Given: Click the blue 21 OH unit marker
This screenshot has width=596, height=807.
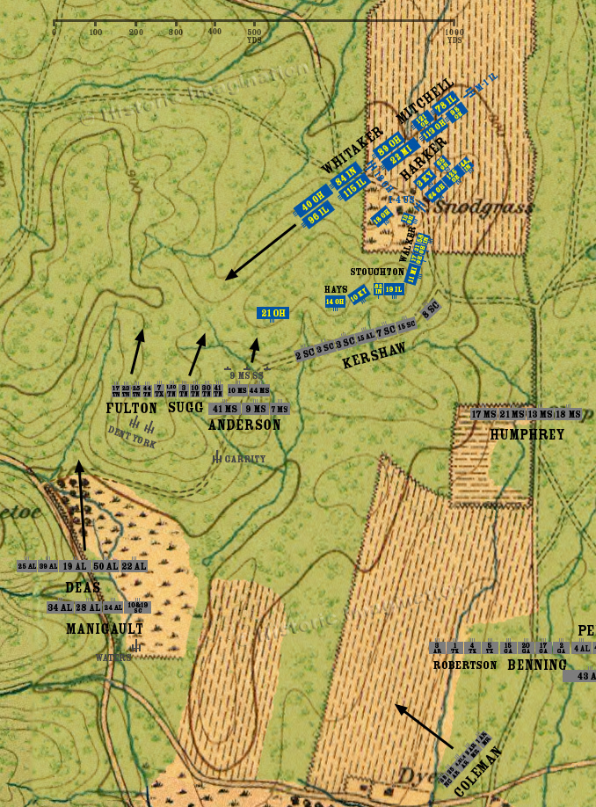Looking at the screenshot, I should coord(273,313).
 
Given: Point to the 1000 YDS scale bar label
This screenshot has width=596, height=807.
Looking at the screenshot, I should coord(454,36).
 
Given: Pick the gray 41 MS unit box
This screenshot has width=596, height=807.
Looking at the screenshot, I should coord(225,409).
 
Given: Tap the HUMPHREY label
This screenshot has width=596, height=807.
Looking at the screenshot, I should coord(527,433).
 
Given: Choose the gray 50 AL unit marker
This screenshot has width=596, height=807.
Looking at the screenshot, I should coord(105,566).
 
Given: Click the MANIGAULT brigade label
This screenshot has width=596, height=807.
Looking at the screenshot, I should coord(104,629).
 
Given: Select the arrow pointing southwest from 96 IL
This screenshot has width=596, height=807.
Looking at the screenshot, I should coord(260,252).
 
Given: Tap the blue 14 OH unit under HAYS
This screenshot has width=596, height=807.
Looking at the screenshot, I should coord(335,302).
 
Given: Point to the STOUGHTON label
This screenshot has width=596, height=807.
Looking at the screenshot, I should coord(377,272).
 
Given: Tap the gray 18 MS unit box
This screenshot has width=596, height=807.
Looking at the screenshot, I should coord(568,414).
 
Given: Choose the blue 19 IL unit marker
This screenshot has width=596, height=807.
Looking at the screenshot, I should coord(394,289).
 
